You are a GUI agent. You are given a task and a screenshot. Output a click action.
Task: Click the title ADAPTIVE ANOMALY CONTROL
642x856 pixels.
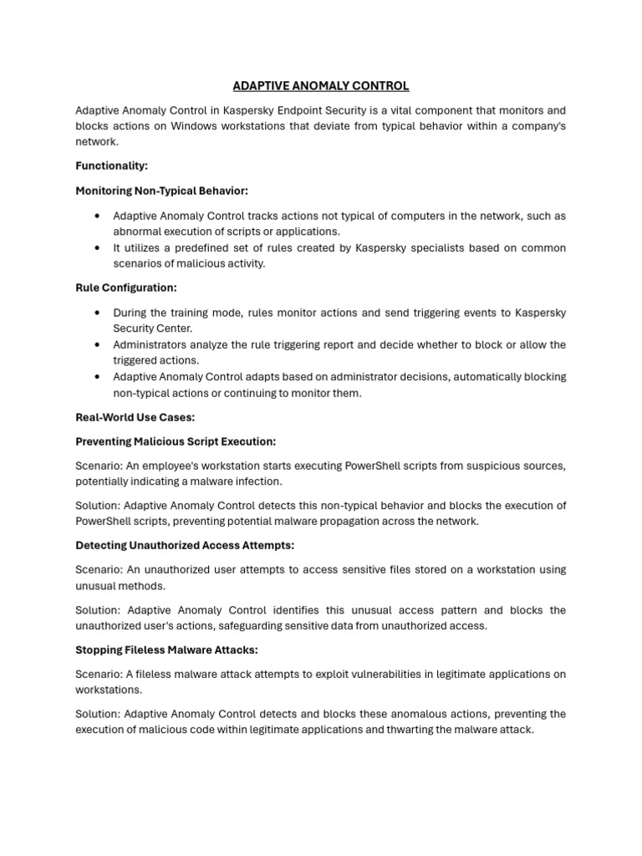[x=321, y=86]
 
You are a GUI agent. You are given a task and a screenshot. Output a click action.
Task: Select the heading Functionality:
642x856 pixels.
[x=111, y=166]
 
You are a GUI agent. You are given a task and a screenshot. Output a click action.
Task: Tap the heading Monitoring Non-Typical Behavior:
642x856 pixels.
[x=161, y=191]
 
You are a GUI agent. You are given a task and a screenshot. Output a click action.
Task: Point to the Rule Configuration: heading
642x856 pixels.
[x=126, y=288]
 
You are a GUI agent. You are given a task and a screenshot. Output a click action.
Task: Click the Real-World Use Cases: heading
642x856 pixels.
[x=135, y=417]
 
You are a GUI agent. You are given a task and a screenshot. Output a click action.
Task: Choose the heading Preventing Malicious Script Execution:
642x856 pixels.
[x=176, y=441]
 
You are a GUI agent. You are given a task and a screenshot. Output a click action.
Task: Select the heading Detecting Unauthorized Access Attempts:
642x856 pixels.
[x=185, y=545]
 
